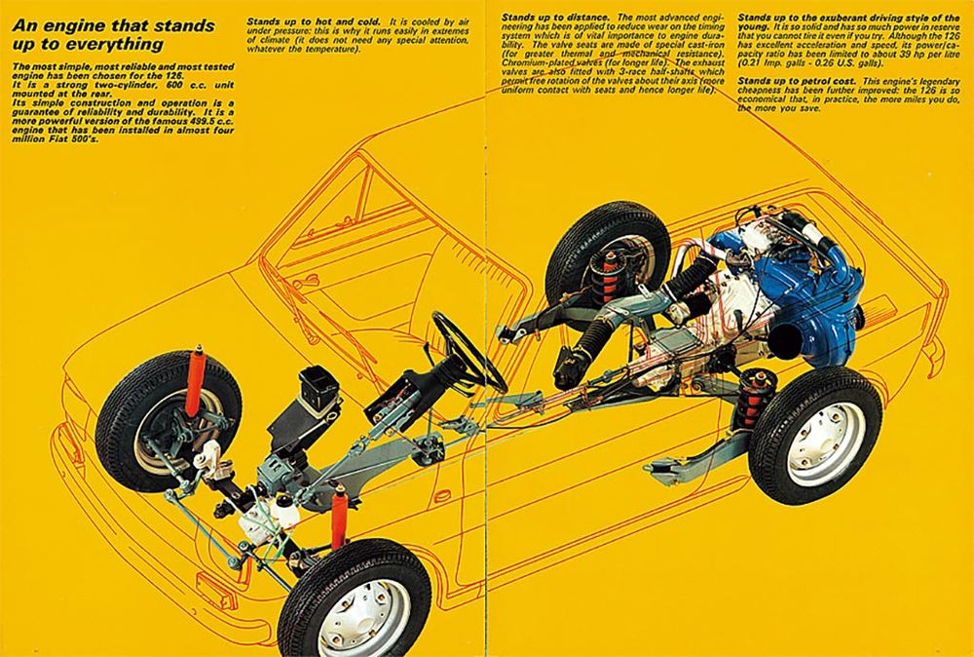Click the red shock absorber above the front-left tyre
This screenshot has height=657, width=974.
(197, 380)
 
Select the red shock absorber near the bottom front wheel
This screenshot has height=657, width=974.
(339, 519)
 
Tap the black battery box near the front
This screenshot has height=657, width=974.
(318, 387)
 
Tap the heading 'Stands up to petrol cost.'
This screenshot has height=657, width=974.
(797, 82)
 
